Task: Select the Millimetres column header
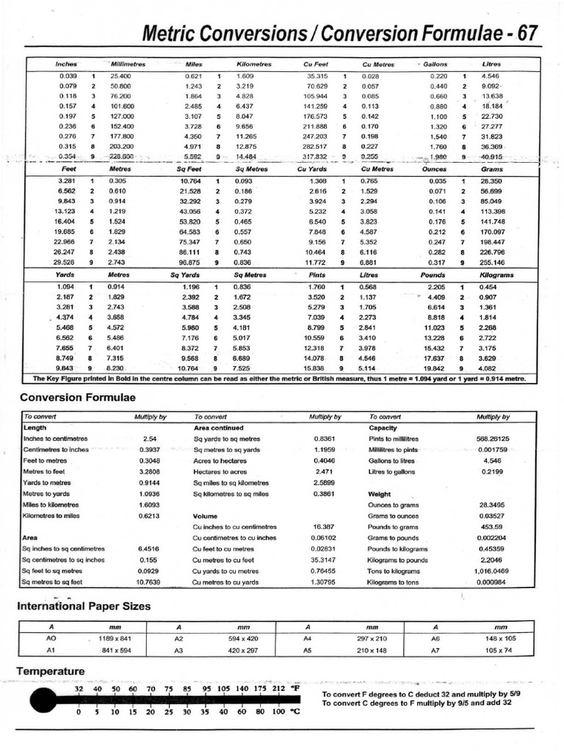(x=128, y=65)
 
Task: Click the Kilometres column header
(x=255, y=65)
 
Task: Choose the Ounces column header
(x=435, y=169)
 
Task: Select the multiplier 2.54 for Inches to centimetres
(x=150, y=439)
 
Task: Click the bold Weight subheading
(x=380, y=494)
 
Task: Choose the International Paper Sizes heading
(x=84, y=606)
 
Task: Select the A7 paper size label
(x=436, y=650)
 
